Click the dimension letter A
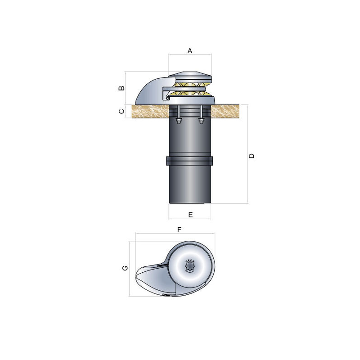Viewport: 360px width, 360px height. (x=190, y=51)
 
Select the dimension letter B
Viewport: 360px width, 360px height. (x=121, y=88)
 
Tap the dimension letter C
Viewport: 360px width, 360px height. (x=121, y=111)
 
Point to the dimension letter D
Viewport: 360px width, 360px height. (x=252, y=155)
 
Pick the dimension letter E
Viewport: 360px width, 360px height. (x=190, y=215)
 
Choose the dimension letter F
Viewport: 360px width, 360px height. (x=179, y=229)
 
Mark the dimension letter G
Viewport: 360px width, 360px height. (x=126, y=268)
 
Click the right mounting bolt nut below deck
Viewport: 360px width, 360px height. (x=201, y=120)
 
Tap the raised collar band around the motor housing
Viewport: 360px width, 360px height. (x=190, y=160)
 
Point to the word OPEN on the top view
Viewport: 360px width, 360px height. (x=190, y=261)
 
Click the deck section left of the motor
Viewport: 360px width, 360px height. (x=150, y=111)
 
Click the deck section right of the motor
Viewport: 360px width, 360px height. (x=225, y=111)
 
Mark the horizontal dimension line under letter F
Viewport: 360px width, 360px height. (x=175, y=234)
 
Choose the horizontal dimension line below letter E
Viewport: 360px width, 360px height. (x=190, y=219)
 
